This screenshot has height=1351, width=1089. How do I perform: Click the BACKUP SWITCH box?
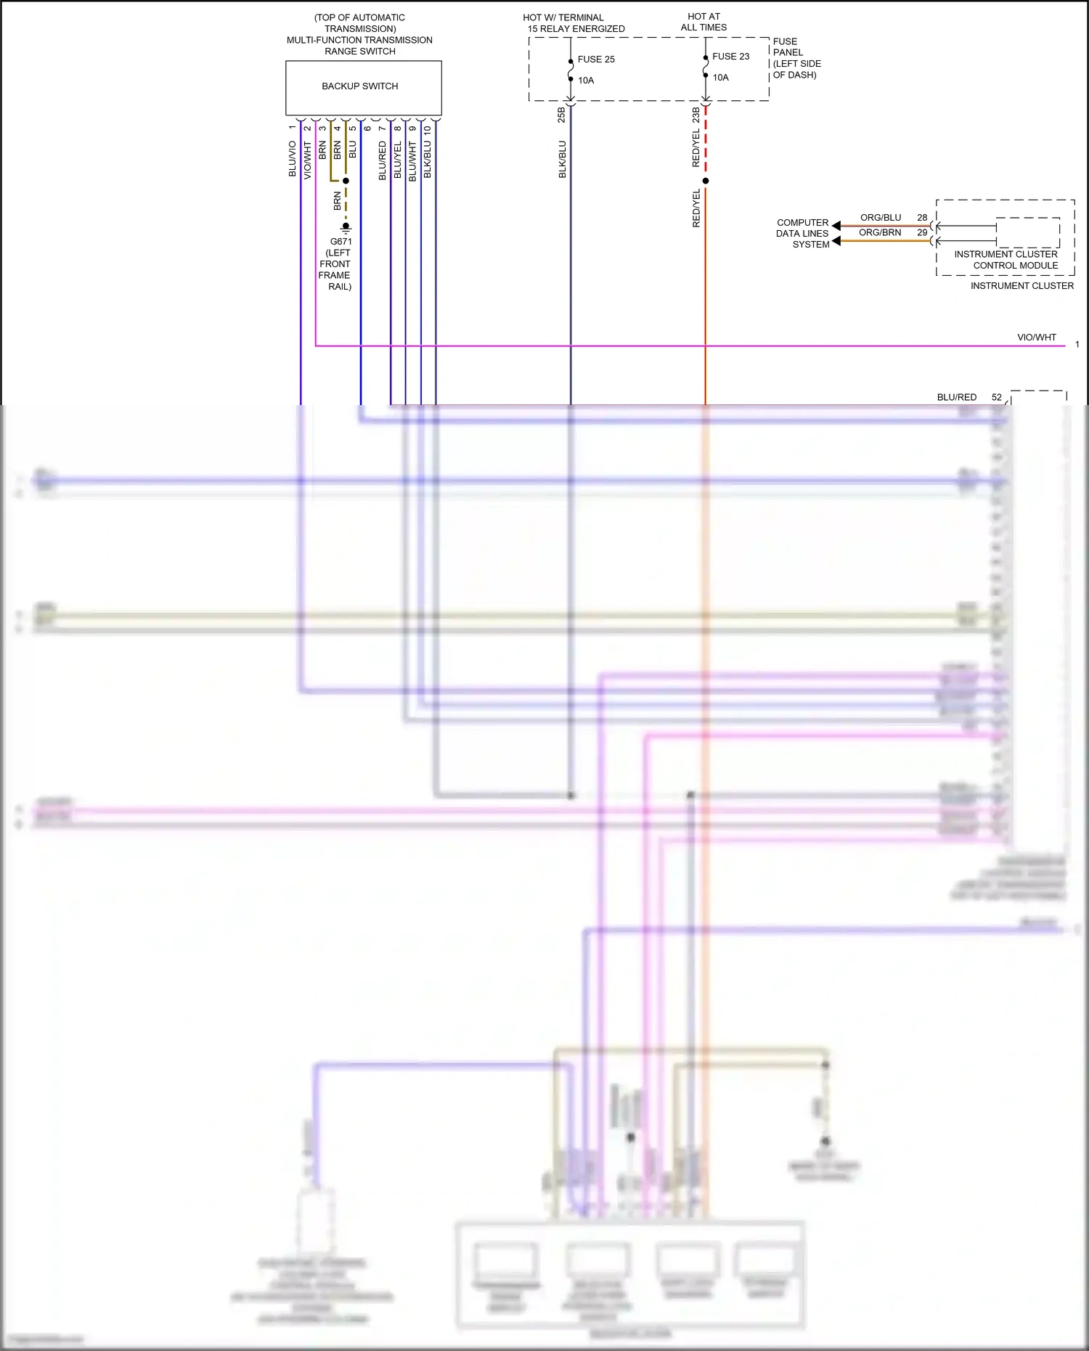click(360, 86)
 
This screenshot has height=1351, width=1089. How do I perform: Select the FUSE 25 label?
click(596, 60)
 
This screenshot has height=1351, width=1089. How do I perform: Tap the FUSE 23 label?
click(730, 57)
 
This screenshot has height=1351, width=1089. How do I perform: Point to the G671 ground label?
click(340, 242)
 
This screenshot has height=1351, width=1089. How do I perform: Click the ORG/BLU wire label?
click(881, 218)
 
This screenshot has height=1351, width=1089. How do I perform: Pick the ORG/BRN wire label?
click(880, 233)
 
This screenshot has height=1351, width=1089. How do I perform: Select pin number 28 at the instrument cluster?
click(922, 218)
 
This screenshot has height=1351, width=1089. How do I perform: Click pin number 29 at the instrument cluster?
click(922, 233)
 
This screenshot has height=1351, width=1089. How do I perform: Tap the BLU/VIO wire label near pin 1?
click(293, 159)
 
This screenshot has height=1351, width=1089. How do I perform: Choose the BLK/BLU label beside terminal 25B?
click(563, 160)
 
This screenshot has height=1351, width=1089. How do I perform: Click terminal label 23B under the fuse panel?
click(696, 115)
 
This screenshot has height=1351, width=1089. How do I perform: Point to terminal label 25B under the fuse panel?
click(561, 115)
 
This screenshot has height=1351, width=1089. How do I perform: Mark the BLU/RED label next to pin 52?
click(957, 398)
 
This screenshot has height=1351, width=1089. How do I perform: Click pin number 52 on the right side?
click(997, 398)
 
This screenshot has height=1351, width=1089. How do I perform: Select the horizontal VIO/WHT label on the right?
click(1037, 338)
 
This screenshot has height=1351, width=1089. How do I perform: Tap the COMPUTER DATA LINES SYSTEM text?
click(802, 234)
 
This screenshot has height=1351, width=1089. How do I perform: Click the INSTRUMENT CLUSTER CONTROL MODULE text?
click(1006, 260)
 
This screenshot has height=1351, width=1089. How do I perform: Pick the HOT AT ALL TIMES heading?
click(703, 22)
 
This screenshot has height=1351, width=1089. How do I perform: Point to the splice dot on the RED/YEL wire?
click(706, 181)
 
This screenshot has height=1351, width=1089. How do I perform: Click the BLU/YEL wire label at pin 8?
click(398, 160)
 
